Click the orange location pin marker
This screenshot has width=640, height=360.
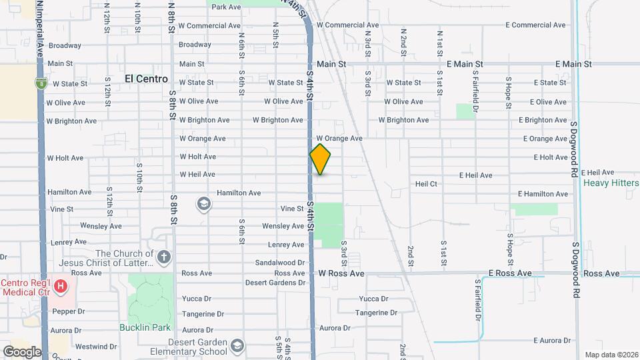coord(320,159)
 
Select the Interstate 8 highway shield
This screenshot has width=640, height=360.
coord(41,83)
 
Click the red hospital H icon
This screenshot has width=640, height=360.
coord(61,287)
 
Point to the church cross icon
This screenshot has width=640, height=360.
coord(164,257)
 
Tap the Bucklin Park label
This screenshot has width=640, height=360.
coord(145,327)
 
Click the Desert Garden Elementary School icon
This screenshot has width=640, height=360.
coord(237,346)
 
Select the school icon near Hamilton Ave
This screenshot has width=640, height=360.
coord(203,203)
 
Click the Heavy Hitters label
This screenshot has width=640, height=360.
coord(610,183)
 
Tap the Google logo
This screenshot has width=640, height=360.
coord(21,351)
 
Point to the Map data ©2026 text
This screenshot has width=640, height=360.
coord(611,355)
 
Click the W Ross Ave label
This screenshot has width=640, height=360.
coord(341,273)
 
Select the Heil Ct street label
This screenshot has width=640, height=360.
coord(425,183)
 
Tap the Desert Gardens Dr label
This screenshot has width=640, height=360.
coord(275,283)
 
